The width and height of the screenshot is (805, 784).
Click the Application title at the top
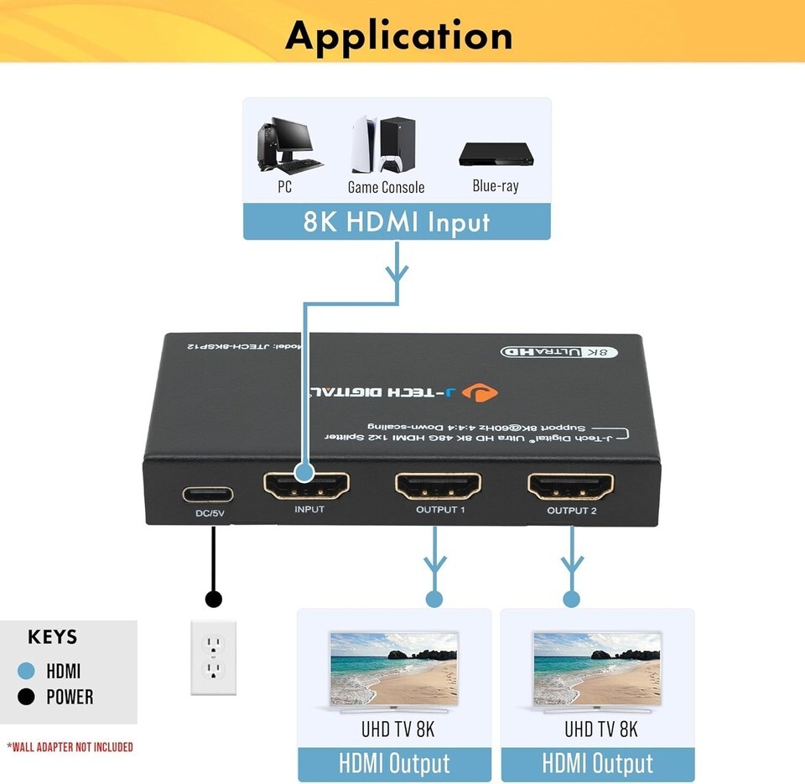398,35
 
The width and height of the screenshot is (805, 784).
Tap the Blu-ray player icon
495,155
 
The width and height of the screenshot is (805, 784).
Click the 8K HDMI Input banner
397,221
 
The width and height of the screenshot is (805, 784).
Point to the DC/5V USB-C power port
208,494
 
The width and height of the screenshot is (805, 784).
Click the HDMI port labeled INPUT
307,485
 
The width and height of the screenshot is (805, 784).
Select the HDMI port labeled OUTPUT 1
439,485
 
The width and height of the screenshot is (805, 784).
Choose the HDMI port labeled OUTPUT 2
570,485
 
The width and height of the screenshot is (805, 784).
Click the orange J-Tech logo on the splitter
484,391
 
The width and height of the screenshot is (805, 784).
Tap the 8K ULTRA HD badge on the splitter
559,351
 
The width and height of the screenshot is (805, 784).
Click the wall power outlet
214,657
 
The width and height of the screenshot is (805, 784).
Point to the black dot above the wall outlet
214,599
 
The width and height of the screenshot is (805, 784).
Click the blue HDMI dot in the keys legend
26,671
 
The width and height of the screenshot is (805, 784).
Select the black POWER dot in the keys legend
26,697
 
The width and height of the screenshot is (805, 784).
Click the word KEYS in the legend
52,636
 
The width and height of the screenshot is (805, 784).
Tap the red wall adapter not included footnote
70,746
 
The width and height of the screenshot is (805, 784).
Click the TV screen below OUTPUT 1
394,668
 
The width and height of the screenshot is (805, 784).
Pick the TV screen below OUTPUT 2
597,668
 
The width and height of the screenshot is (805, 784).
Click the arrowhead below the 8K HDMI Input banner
397,272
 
